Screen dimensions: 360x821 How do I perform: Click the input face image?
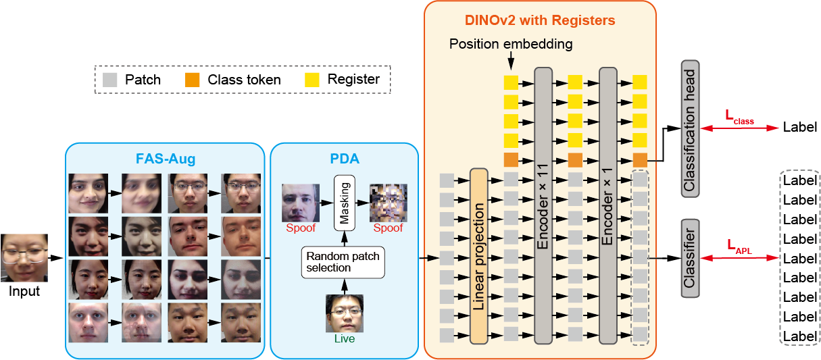pos(24,258)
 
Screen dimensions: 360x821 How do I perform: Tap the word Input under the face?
pos(24,292)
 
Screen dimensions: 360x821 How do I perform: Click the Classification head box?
pos(690,128)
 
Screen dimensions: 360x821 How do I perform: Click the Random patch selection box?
pos(343,262)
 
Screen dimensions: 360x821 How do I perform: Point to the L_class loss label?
pos(739,118)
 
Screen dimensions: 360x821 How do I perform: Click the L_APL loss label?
pos(739,247)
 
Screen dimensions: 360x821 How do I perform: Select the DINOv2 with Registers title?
pos(541,20)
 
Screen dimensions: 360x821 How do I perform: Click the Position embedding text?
pos(511,45)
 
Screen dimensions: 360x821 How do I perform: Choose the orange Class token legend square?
pos(193,80)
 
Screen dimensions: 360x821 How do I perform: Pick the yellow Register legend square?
pos(313,80)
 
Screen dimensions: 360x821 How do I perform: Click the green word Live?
pos(344,339)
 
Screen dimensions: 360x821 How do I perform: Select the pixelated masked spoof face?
pos(389,203)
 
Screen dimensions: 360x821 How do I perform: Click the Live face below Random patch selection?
pos(344,313)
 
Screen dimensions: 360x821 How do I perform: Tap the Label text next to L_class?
pos(799,127)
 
